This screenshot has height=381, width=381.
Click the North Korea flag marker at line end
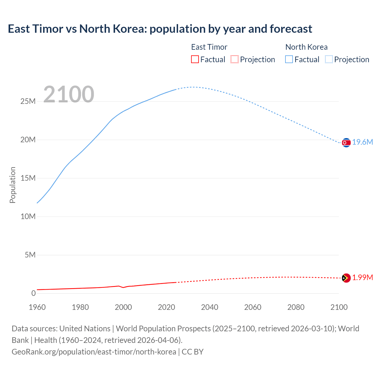[346, 143]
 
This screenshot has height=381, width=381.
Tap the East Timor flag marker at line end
[346, 278]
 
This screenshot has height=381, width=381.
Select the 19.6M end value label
[363, 142]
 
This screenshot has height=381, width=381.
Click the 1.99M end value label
[363, 278]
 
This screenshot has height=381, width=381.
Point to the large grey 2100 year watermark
[69, 94]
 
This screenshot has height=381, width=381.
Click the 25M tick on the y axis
[28, 102]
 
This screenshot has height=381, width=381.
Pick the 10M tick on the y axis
[28, 217]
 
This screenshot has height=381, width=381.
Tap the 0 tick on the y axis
[33, 293]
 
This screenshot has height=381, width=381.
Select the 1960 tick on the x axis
[37, 307]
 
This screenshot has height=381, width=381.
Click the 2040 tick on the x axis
[210, 307]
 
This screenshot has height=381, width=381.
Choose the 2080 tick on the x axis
[296, 307]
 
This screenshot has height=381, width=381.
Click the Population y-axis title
[13, 185]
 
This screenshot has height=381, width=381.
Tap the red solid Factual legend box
[195, 60]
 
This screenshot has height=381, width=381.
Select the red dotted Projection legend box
[235, 60]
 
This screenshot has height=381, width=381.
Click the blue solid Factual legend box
[289, 60]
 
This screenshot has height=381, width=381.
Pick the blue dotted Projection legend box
[329, 60]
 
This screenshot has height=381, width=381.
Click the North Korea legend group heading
[306, 47]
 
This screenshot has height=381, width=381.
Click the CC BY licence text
[193, 352]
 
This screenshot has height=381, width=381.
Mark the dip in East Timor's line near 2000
[123, 288]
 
